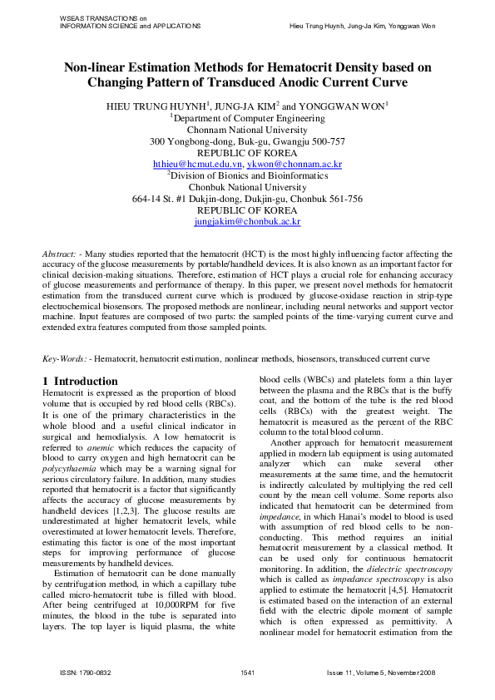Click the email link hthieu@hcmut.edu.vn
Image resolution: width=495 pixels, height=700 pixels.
tap(190, 165)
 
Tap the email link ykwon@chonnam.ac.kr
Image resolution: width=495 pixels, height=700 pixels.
tap(285, 165)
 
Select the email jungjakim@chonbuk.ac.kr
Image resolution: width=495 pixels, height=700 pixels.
tap(247, 222)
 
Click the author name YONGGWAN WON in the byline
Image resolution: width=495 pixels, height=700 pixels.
tap(341, 107)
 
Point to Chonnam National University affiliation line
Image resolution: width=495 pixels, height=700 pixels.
tap(247, 131)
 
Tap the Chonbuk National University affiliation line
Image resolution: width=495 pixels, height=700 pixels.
tap(247, 188)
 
